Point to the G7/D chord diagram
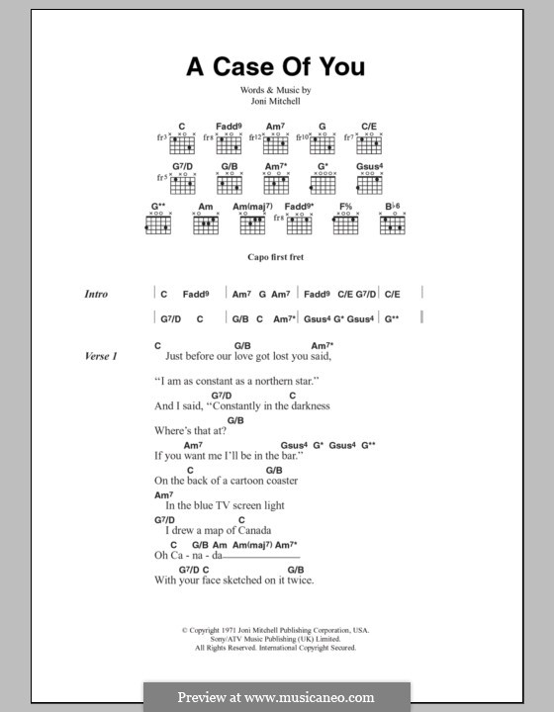pyautogui.click(x=182, y=184)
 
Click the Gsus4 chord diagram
pyautogui.click(x=370, y=184)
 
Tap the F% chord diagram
pyautogui.click(x=347, y=223)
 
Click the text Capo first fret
pyautogui.click(x=276, y=256)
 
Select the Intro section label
pyautogui.click(x=97, y=295)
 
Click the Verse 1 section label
pyautogui.click(x=101, y=356)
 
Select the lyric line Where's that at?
pyautogui.click(x=191, y=431)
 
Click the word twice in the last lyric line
pyautogui.click(x=301, y=580)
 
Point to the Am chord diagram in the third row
pyautogui.click(x=206, y=223)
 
